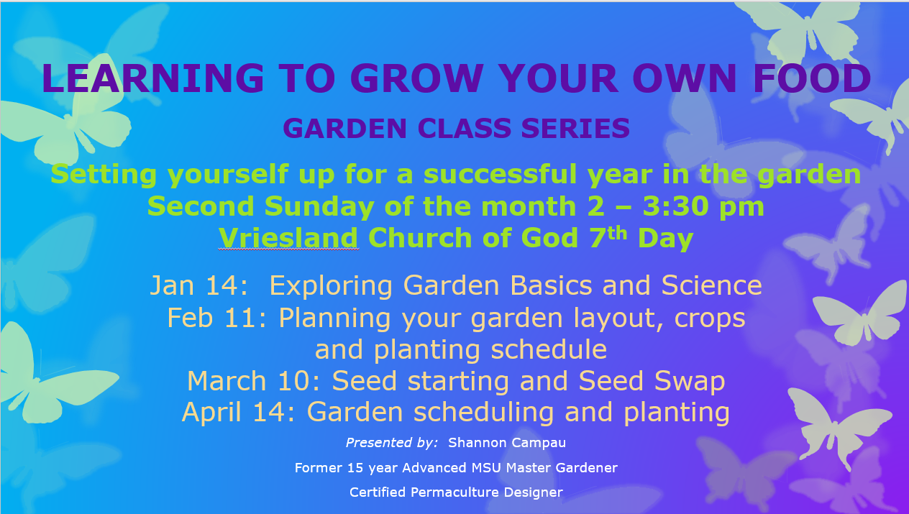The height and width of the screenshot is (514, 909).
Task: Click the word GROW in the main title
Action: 417,78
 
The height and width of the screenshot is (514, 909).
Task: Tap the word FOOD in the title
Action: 812,78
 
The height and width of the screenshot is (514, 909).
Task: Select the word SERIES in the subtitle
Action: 575,128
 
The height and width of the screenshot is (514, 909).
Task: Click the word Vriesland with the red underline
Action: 288,238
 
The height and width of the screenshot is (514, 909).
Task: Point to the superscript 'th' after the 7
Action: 617,233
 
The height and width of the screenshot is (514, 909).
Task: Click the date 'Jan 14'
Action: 198,285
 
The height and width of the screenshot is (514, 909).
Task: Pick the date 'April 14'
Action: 238,413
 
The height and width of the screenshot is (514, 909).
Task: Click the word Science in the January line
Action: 712,285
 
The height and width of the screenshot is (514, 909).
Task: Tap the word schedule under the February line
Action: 549,349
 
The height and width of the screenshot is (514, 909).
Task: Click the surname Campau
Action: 535,443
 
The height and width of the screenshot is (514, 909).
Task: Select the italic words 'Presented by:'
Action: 392,443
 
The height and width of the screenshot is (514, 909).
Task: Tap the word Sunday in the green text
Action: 319,207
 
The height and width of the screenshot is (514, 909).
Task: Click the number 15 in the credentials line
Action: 355,468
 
